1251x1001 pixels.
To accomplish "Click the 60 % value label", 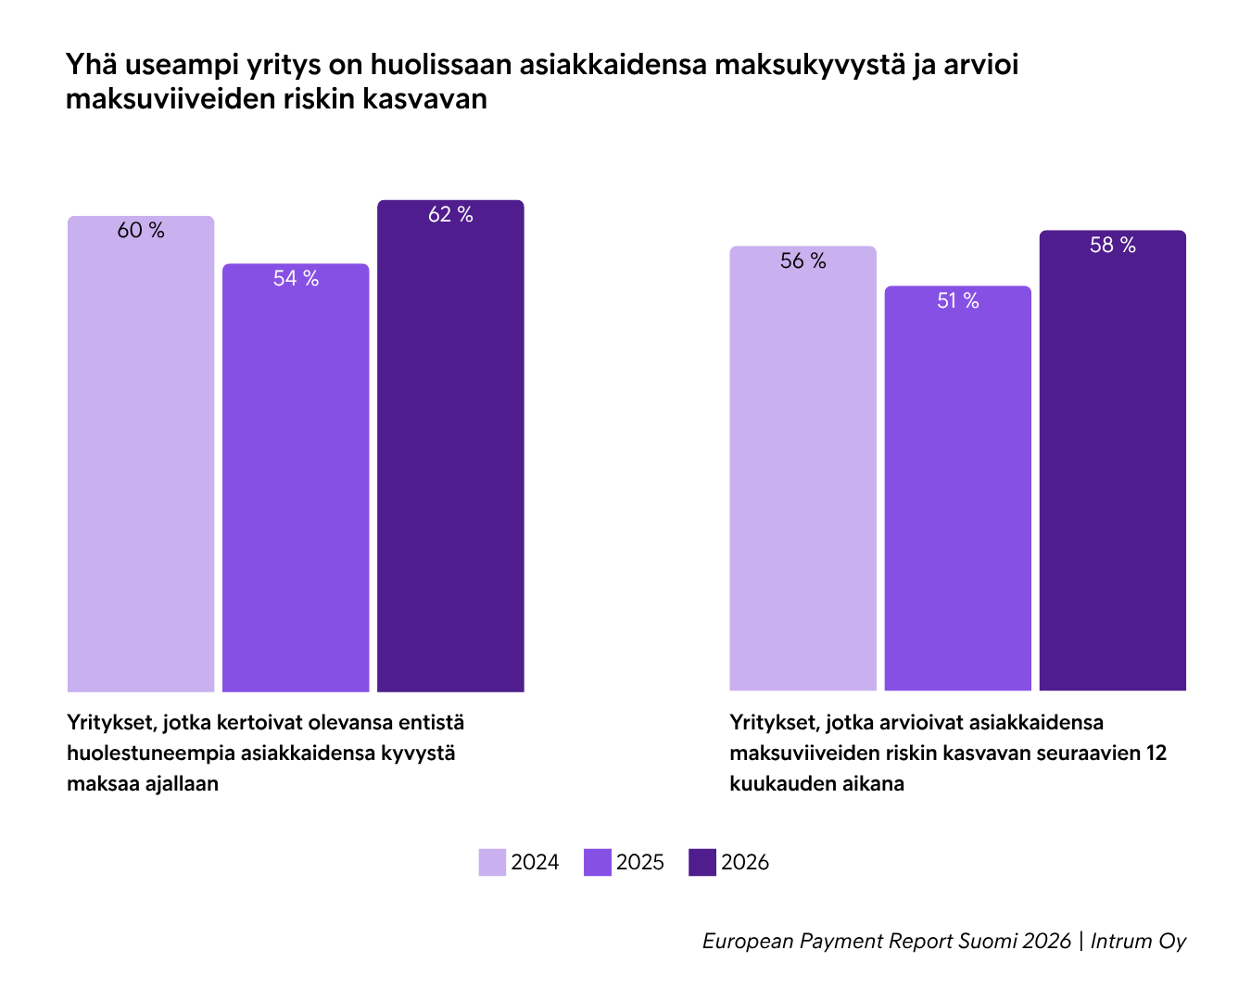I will coord(141,231).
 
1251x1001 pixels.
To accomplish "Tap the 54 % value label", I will coord(296,279).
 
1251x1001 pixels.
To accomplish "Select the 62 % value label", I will coord(450,215).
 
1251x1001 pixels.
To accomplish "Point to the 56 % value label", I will coord(802,261).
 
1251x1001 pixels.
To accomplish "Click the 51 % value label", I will coord(957,301).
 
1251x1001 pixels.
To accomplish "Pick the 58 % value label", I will coord(1112,246).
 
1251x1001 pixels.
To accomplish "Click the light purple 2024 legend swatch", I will coord(492,862).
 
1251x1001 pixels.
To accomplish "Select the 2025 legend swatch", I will coord(598,862).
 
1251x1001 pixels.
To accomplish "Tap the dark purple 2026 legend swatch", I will coord(702,862).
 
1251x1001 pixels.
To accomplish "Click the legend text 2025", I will coord(640,863).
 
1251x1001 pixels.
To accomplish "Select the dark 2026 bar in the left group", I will coord(450,463).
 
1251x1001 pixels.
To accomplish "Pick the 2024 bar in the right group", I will coord(802,482).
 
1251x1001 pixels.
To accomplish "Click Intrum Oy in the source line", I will coord(1138,942).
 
